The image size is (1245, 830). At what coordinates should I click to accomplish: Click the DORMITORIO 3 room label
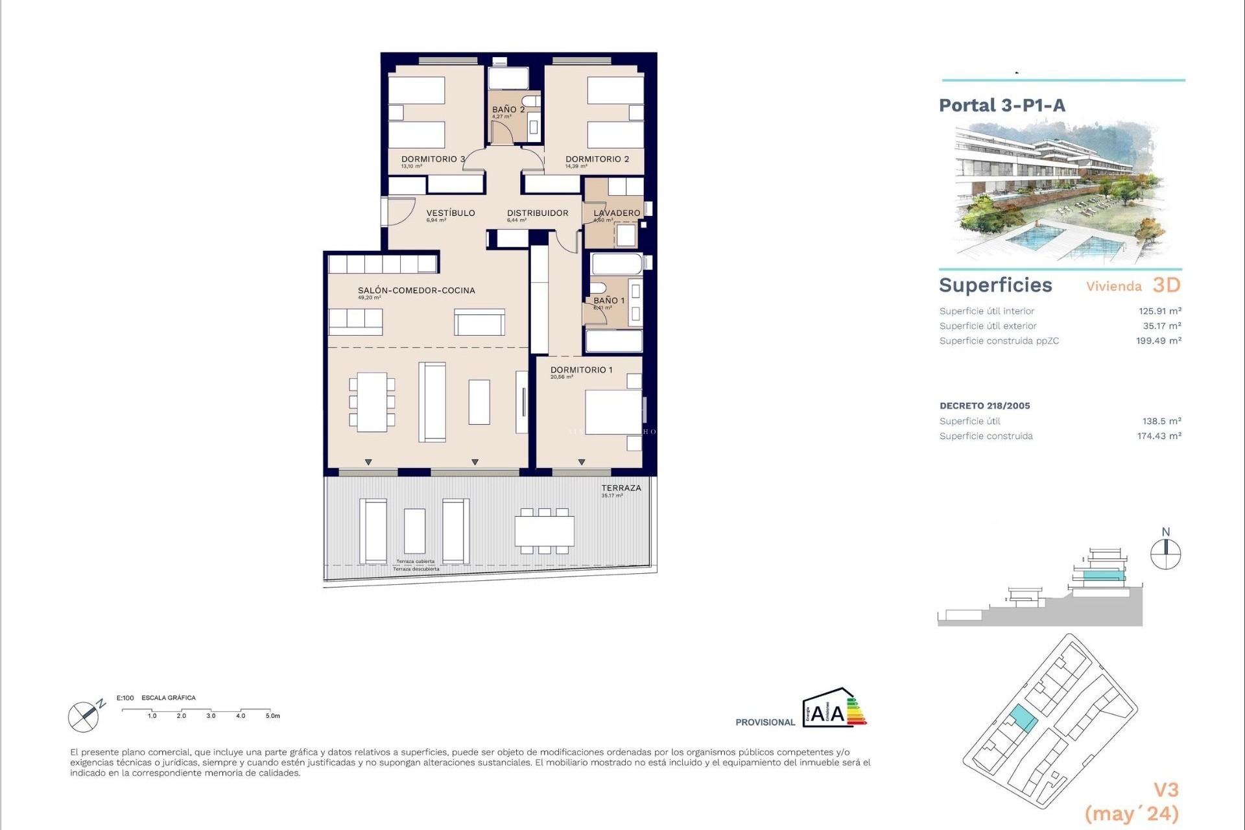pyautogui.click(x=433, y=159)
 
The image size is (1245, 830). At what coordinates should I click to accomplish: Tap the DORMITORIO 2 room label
pyautogui.click(x=597, y=159)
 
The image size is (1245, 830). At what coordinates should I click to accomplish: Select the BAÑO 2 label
pyautogui.click(x=508, y=110)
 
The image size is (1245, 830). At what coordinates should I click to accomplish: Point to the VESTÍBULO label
pyautogui.click(x=450, y=213)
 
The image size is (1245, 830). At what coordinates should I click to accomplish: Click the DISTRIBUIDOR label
pyautogui.click(x=537, y=213)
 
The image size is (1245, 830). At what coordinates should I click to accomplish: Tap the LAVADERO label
pyautogui.click(x=616, y=213)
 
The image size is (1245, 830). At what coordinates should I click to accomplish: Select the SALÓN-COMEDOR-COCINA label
pyautogui.click(x=416, y=290)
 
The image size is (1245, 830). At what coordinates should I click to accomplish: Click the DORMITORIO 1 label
pyautogui.click(x=581, y=370)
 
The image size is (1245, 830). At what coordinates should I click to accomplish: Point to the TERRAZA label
pyautogui.click(x=621, y=488)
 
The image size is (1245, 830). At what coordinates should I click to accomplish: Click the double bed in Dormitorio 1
pyautogui.click(x=613, y=412)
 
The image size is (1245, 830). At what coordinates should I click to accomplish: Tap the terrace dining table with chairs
pyautogui.click(x=544, y=531)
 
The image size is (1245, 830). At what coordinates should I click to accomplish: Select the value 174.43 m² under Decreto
pyautogui.click(x=1158, y=436)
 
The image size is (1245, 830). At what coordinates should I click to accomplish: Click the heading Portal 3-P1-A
pyautogui.click(x=1002, y=106)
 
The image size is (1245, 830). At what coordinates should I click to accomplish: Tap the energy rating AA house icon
pyautogui.click(x=834, y=709)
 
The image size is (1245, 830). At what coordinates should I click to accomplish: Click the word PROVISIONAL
pyautogui.click(x=765, y=722)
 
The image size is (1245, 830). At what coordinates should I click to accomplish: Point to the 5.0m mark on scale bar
pyautogui.click(x=272, y=716)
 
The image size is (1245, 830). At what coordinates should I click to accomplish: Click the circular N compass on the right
pyautogui.click(x=1165, y=554)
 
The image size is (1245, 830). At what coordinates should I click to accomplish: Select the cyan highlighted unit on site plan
pyautogui.click(x=1022, y=718)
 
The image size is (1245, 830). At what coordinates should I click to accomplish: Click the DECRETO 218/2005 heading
pyautogui.click(x=984, y=406)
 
